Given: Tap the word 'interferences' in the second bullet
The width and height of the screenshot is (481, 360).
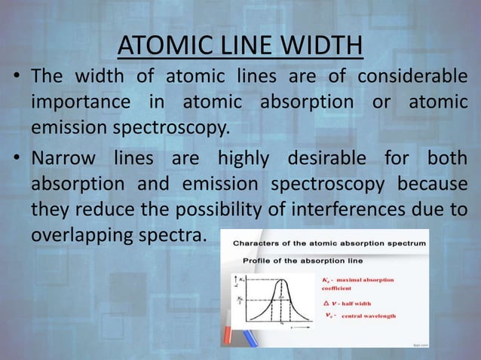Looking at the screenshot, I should (x=335, y=209).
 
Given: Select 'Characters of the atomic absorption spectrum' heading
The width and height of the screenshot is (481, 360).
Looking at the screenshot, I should (x=329, y=243).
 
